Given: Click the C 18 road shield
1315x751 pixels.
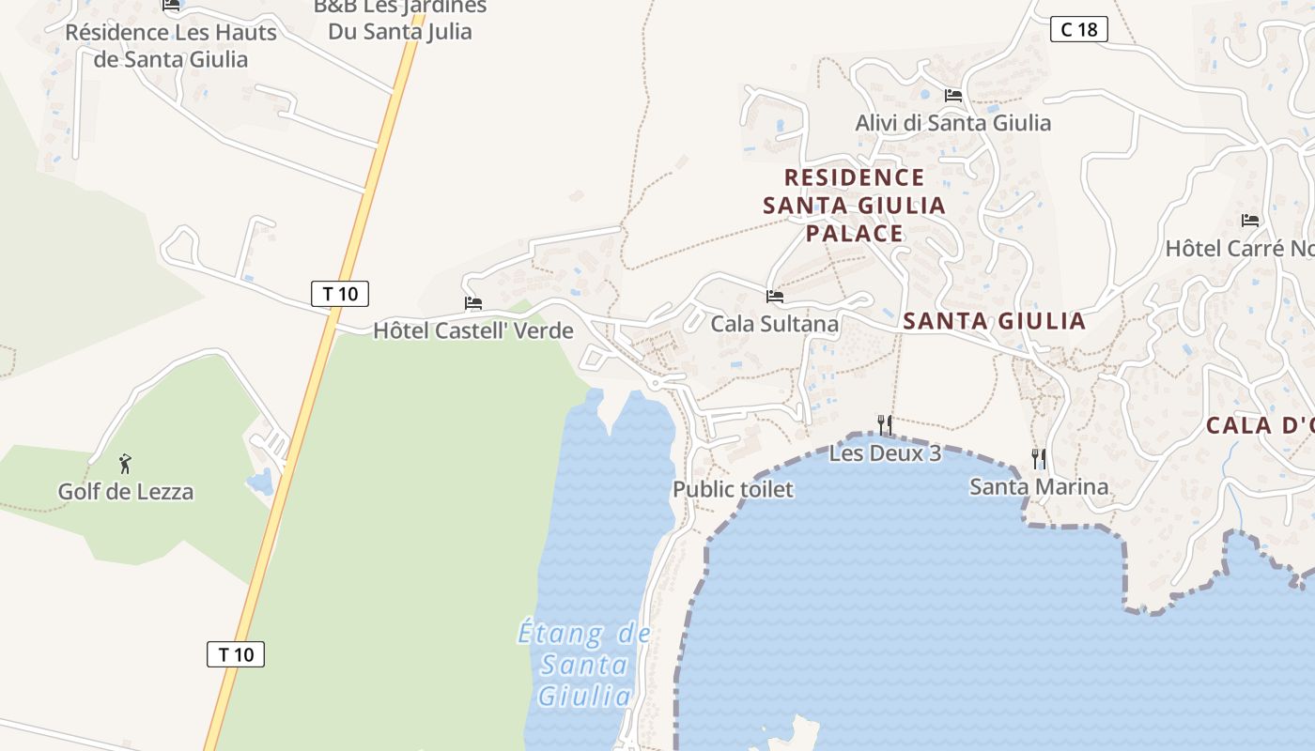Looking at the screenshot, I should (x=1079, y=29).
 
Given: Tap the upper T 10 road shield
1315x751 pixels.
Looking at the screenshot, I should (x=340, y=294).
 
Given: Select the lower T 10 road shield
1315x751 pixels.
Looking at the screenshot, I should (x=236, y=654).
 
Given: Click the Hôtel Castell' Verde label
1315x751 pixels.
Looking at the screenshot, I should (x=473, y=330).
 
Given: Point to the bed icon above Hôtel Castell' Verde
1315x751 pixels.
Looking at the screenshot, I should (x=473, y=303).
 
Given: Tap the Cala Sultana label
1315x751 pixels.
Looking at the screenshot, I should (x=775, y=324).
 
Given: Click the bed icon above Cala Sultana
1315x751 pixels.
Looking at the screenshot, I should (x=775, y=297).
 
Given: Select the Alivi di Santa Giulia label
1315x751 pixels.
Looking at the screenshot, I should (x=952, y=123).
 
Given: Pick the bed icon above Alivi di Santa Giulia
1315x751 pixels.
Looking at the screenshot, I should (x=952, y=96).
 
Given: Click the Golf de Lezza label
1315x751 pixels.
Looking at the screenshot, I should (x=126, y=492).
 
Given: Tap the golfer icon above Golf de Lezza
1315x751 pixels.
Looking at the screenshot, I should (x=126, y=464).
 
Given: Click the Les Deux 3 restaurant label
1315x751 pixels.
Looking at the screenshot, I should (x=885, y=453).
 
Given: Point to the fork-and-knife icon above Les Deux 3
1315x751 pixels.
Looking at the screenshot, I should (x=885, y=425).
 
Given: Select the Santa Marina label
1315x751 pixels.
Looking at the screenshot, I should (x=1039, y=486).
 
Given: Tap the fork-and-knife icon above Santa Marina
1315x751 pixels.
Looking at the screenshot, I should (x=1039, y=459).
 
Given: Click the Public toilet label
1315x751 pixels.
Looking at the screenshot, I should (x=733, y=489).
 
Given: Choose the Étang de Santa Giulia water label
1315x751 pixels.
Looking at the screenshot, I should (x=584, y=665).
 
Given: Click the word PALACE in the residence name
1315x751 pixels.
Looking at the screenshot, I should (x=855, y=233).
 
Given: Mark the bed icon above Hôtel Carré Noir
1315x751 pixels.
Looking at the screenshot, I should (x=1250, y=221).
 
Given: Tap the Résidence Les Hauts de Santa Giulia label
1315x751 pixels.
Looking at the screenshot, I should (x=171, y=46).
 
